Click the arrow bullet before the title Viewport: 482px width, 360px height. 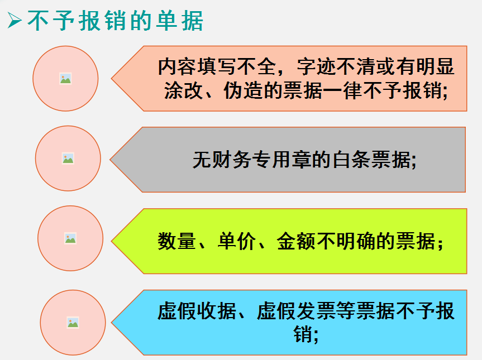tap(14, 21)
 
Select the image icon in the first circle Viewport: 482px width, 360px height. tap(65, 79)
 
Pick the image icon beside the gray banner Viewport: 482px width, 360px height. tap(68, 159)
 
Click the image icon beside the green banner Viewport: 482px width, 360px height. tap(70, 238)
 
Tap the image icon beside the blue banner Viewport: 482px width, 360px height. tap(73, 322)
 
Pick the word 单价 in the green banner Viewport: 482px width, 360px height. tap(236, 242)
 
